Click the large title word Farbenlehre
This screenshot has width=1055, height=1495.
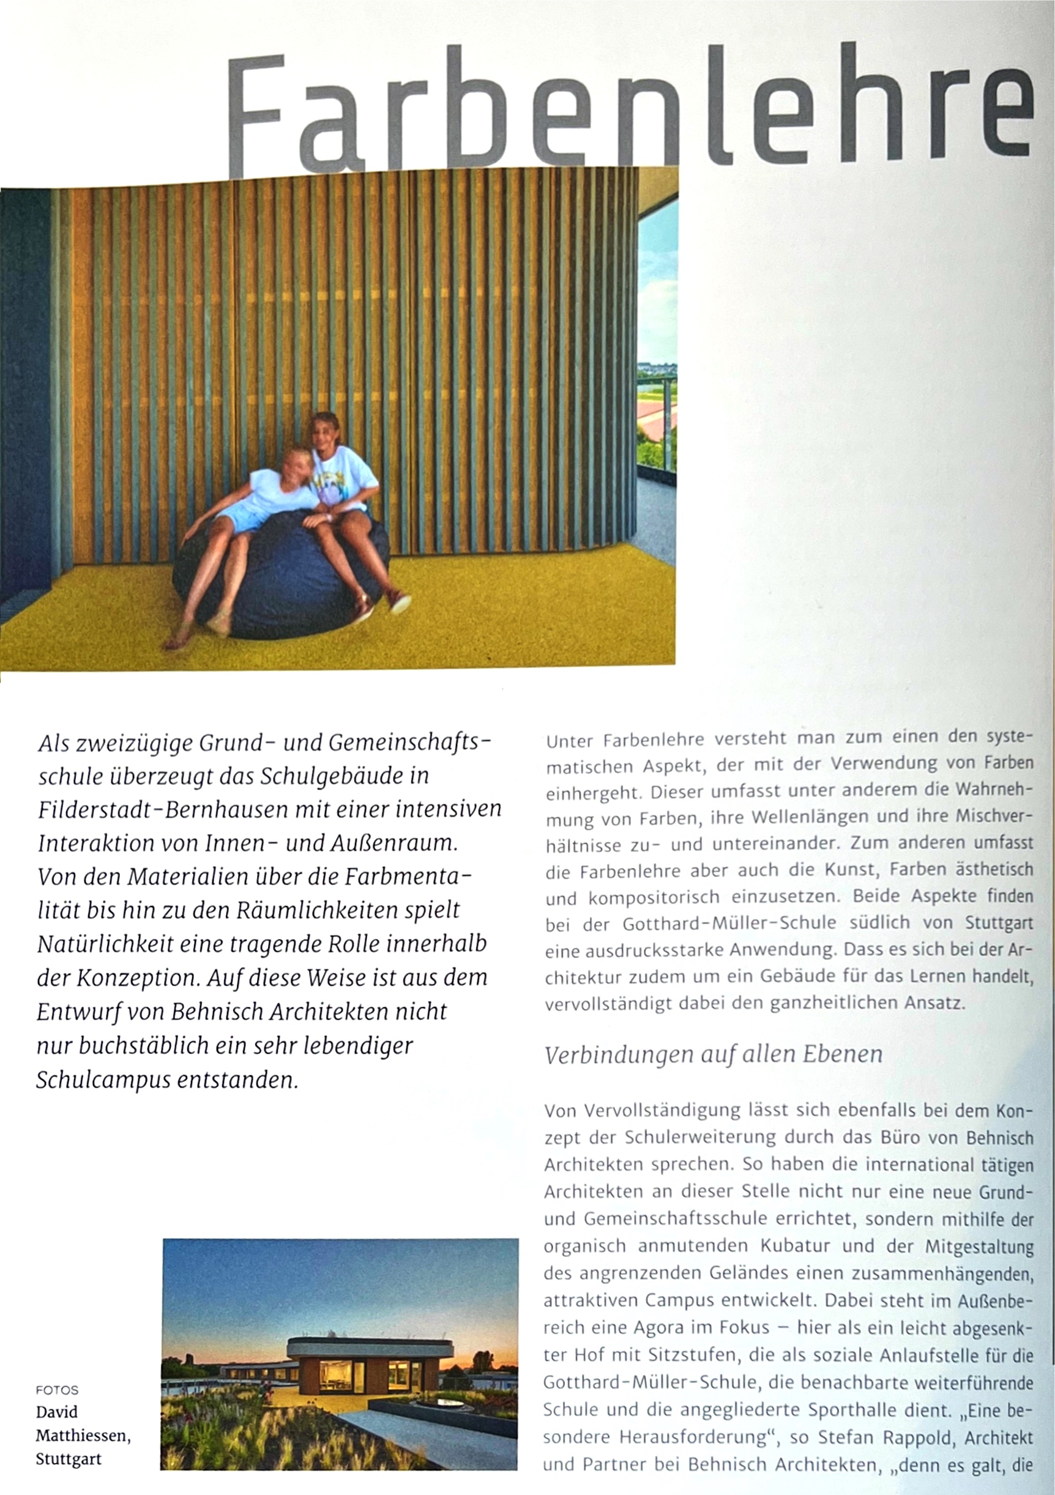[628, 111]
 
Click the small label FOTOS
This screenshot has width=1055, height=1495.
[58, 1390]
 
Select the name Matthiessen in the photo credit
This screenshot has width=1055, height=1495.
[82, 1436]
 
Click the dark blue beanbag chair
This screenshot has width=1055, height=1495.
[280, 579]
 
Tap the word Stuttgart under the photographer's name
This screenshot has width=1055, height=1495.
[69, 1459]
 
